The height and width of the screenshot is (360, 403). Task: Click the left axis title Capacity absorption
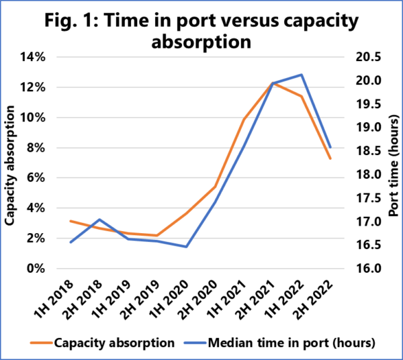coord(10,163)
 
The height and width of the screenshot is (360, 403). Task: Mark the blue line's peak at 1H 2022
coord(302,75)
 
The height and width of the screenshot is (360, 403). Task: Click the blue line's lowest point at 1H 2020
coord(186,246)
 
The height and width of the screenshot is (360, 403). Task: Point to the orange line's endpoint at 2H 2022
coord(330,159)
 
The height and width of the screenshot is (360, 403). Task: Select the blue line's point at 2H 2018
coord(99,220)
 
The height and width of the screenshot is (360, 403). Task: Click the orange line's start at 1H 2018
coord(71,221)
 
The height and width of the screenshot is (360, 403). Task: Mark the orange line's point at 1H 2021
coord(244,119)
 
